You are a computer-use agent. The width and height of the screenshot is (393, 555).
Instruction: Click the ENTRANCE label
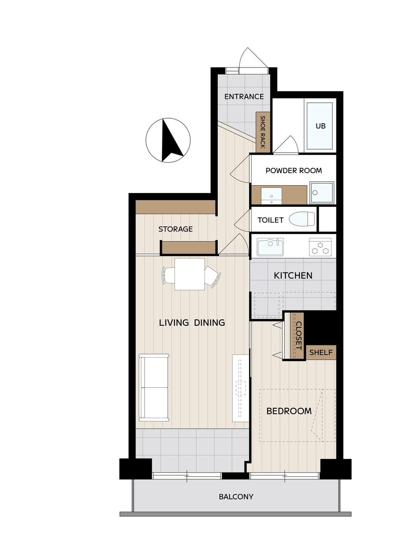(244, 97)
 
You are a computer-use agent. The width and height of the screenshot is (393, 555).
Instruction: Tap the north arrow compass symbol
(168, 140)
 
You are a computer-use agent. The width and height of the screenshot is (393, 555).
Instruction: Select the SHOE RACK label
(263, 132)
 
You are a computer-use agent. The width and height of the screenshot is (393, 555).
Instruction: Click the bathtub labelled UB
(320, 126)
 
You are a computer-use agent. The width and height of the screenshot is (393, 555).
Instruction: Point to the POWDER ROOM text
(294, 170)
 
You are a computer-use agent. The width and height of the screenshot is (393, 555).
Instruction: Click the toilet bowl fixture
(302, 219)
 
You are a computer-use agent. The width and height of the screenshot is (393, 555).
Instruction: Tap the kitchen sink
(270, 247)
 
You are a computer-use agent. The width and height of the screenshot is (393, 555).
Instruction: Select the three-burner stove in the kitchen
(320, 247)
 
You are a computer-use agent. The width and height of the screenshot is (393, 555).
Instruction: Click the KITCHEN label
(293, 276)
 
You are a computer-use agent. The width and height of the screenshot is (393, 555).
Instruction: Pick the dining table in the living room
(189, 274)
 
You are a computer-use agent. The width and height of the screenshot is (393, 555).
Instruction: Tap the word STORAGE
(175, 229)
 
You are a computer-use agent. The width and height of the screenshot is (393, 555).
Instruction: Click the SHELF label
(321, 352)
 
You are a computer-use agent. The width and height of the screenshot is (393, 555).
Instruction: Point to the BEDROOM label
(289, 411)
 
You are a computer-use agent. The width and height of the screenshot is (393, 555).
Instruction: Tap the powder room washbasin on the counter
(272, 196)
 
